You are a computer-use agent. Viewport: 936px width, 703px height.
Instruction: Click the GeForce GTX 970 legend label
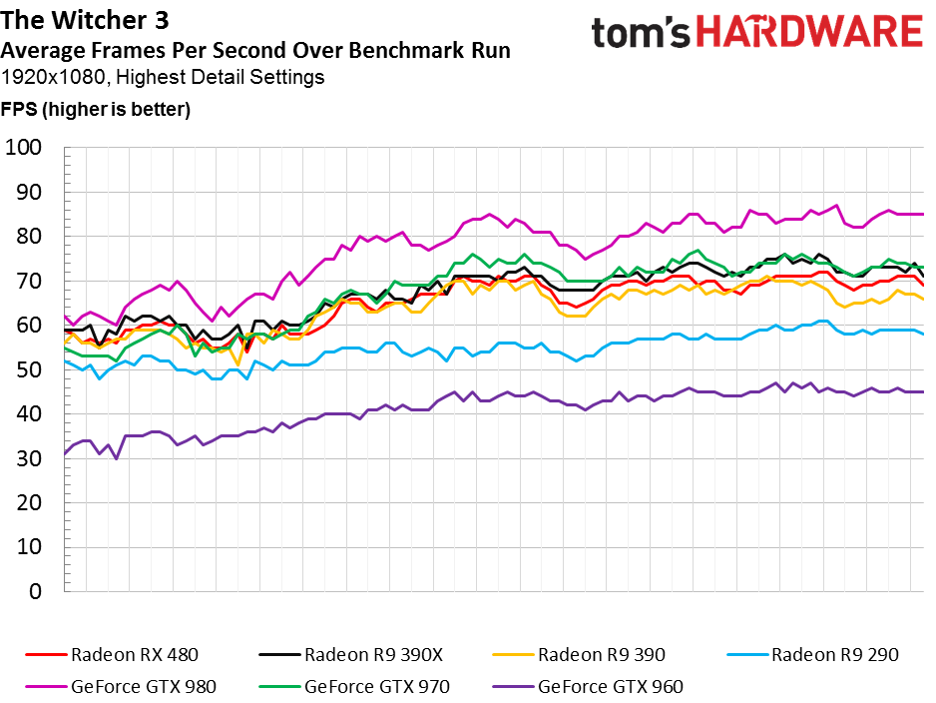pos(376,687)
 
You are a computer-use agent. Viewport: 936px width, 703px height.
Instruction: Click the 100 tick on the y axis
pos(23,147)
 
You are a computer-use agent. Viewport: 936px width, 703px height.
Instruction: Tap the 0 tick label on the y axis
pos(36,591)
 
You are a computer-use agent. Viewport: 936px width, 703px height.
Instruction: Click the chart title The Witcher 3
pos(85,20)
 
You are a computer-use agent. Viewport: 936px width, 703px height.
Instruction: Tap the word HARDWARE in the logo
pos(810,32)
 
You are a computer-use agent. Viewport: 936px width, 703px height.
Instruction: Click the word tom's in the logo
pos(641,32)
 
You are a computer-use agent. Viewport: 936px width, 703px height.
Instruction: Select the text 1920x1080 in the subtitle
pos(54,78)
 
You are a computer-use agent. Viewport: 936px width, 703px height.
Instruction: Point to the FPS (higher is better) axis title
pos(96,109)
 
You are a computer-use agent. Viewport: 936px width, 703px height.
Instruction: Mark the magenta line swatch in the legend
pos(45,687)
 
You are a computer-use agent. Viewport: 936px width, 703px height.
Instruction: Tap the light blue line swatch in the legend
pos(746,655)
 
